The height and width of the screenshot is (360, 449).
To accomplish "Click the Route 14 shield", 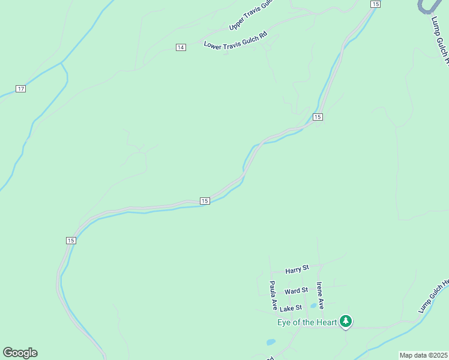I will click(x=181, y=47).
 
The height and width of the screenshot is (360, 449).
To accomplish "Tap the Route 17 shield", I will click(x=21, y=89).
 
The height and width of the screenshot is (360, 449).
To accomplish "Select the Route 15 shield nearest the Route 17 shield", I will click(x=71, y=241).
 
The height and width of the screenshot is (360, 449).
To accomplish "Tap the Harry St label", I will click(x=297, y=270).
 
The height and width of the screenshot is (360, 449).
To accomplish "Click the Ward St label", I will click(x=296, y=291).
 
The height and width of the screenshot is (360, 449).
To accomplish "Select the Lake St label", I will click(x=290, y=309).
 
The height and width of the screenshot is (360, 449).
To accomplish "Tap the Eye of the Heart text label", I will click(x=307, y=322).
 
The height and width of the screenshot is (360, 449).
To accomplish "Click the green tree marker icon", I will click(x=345, y=322).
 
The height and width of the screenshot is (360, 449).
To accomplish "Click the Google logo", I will click(x=20, y=353).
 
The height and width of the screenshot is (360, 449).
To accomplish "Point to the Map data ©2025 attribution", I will click(x=423, y=355).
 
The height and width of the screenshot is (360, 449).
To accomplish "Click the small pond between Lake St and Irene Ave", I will click(x=313, y=305).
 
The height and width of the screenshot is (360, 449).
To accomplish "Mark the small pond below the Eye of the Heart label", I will click(x=271, y=343).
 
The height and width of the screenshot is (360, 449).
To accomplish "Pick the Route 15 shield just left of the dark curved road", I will click(x=375, y=4).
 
